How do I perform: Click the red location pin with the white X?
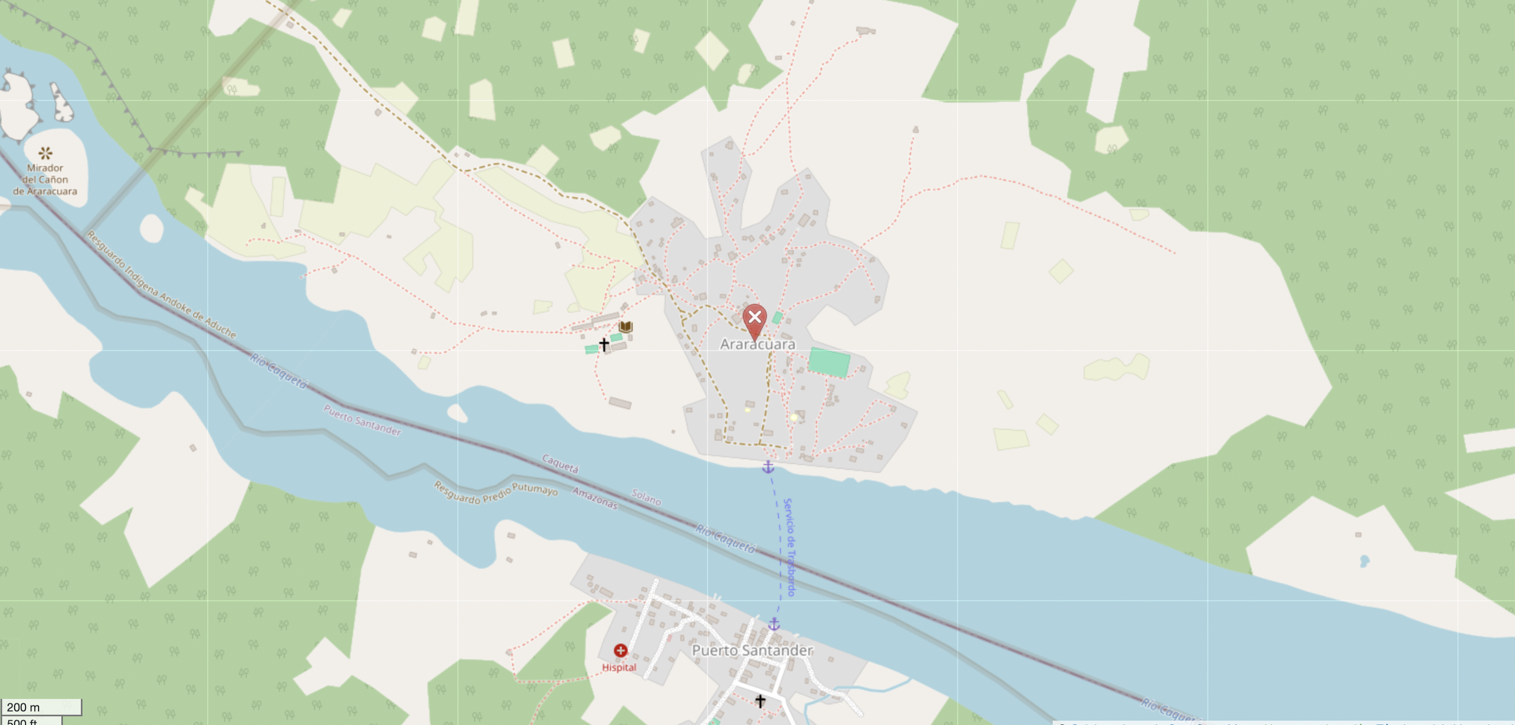click(755, 318)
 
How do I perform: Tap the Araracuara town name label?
click(757, 344)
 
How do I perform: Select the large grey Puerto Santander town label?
click(752, 650)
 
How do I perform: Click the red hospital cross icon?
click(620, 650)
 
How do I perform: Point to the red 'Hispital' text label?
click(619, 667)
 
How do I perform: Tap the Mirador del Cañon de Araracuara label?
click(44, 179)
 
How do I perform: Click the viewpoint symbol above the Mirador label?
click(45, 154)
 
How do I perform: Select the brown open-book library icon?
click(626, 326)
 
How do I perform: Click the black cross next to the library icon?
click(604, 344)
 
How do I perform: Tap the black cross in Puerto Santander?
click(760, 700)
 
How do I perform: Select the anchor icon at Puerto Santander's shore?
click(774, 625)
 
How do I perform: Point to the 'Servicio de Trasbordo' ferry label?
click(790, 547)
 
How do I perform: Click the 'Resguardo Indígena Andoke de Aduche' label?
click(161, 284)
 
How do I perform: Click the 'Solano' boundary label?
click(646, 498)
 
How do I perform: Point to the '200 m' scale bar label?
click(23, 707)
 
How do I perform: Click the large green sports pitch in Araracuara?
click(829, 361)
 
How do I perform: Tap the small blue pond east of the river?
click(1365, 561)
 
